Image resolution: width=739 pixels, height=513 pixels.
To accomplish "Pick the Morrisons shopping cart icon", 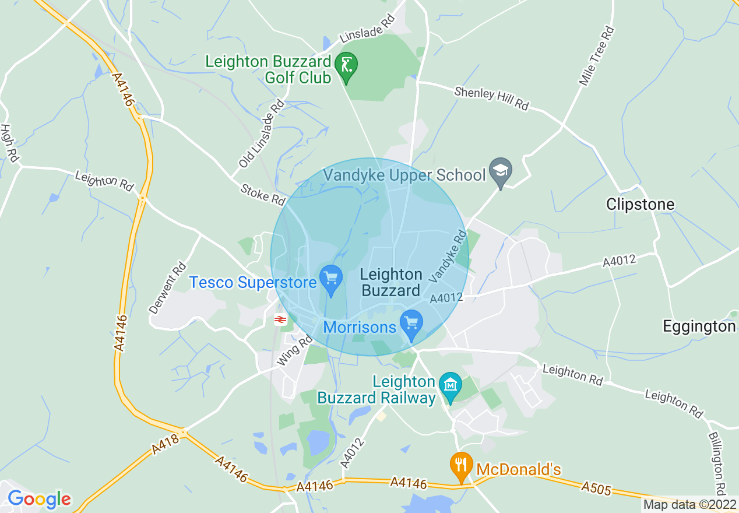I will (x=411, y=322).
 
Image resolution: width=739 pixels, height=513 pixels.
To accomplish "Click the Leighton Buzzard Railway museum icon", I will (x=451, y=385).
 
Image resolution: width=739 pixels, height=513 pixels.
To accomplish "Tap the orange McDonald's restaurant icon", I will (x=462, y=466).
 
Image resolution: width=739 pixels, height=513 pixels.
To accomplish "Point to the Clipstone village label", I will (x=640, y=205).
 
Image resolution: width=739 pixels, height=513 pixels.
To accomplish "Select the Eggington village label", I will (x=699, y=326).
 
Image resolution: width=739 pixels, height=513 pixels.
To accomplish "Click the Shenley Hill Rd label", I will (x=491, y=99).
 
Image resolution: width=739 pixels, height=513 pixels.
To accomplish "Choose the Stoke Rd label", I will (x=262, y=193).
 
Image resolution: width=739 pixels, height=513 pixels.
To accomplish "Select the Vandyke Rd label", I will (x=448, y=256).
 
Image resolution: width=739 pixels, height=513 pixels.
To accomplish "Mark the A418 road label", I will (x=165, y=441).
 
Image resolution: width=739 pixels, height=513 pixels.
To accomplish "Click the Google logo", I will (x=39, y=499).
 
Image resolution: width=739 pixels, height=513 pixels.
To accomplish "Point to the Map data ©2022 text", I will (x=689, y=504).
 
